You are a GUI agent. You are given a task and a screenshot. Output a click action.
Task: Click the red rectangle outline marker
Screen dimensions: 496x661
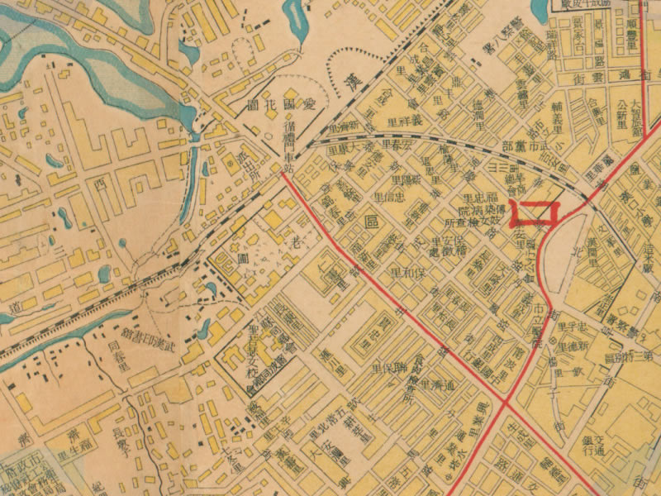pyautogui.click(x=535, y=212)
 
